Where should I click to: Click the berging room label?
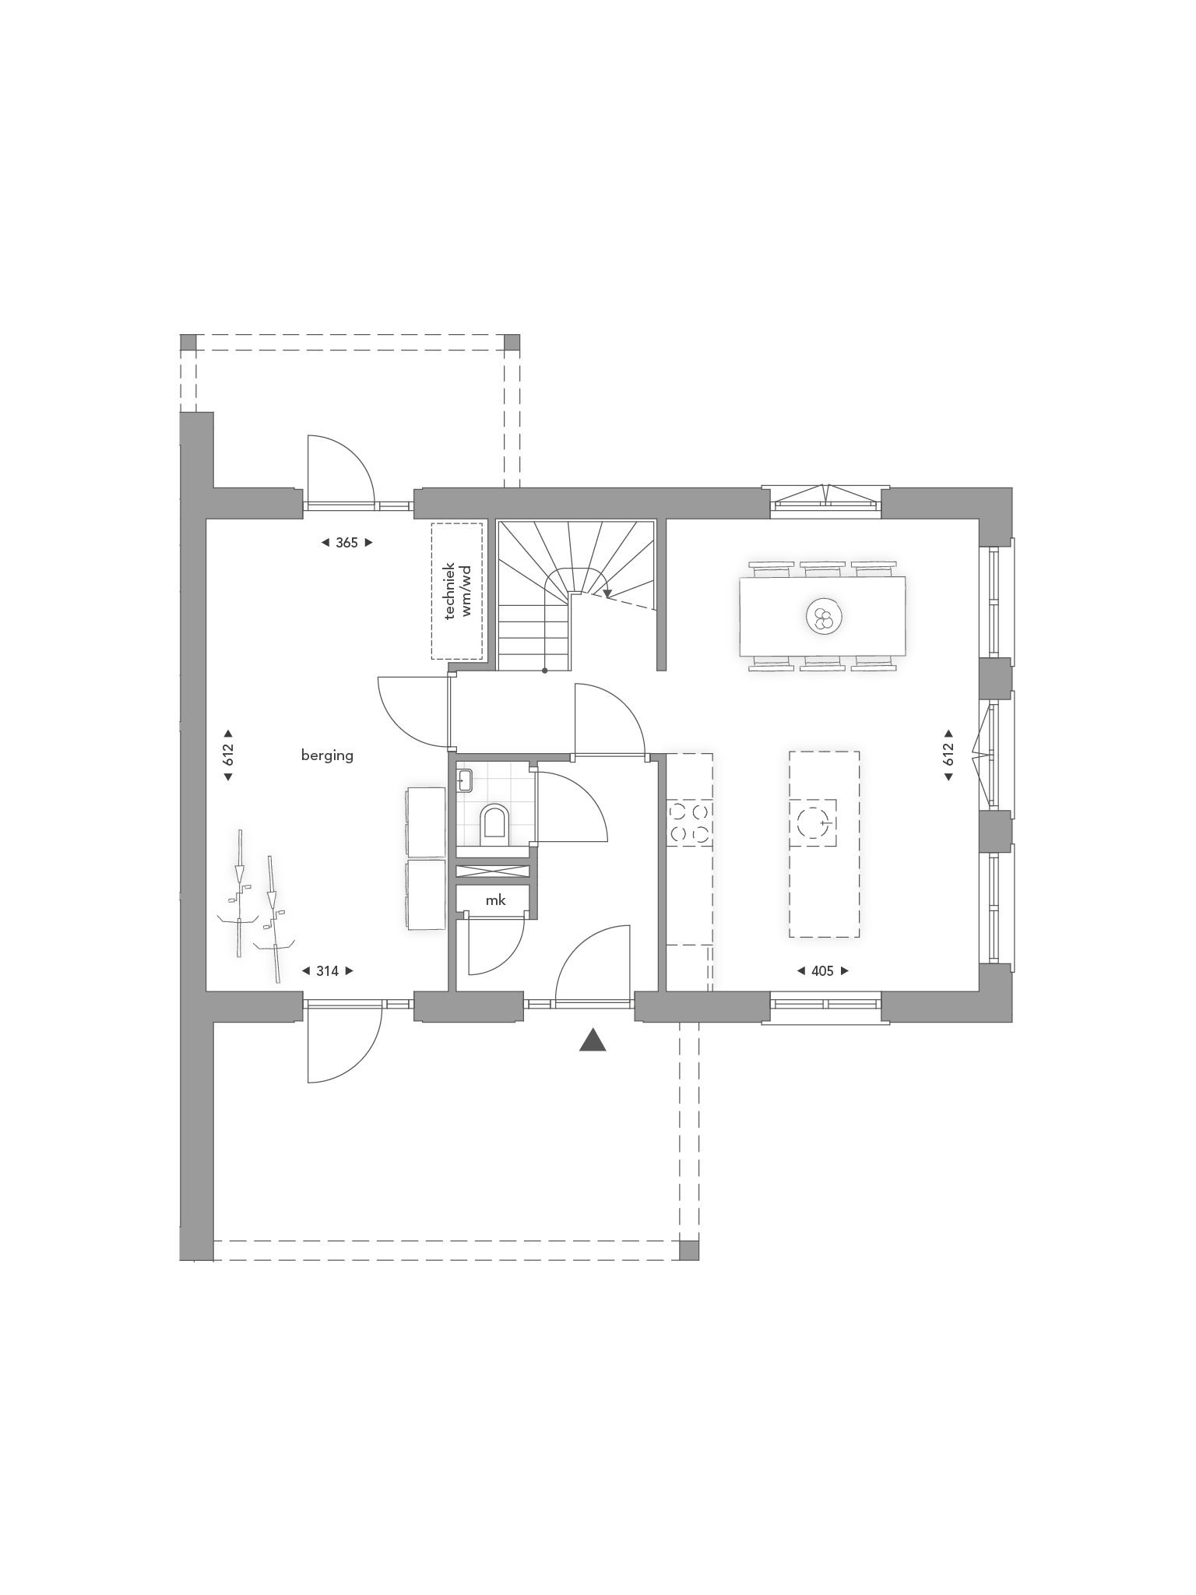[x=327, y=755]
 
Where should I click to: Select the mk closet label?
[x=495, y=900]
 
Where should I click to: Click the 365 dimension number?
[x=346, y=543]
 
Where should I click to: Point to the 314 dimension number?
[x=327, y=971]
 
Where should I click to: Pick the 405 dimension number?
[x=822, y=971]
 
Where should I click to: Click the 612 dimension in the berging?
[x=228, y=755]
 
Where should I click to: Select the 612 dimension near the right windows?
[x=948, y=754]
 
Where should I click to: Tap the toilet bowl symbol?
[x=494, y=823]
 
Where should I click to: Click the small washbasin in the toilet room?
[x=466, y=780]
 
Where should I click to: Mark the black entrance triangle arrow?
[x=593, y=1040]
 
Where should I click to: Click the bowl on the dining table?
[x=823, y=618]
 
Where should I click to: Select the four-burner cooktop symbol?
[x=690, y=823]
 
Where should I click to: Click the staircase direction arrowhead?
[x=607, y=593]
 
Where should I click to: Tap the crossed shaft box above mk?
[x=493, y=871]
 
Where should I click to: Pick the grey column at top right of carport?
[x=512, y=343]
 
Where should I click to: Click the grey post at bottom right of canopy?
[x=689, y=1250]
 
